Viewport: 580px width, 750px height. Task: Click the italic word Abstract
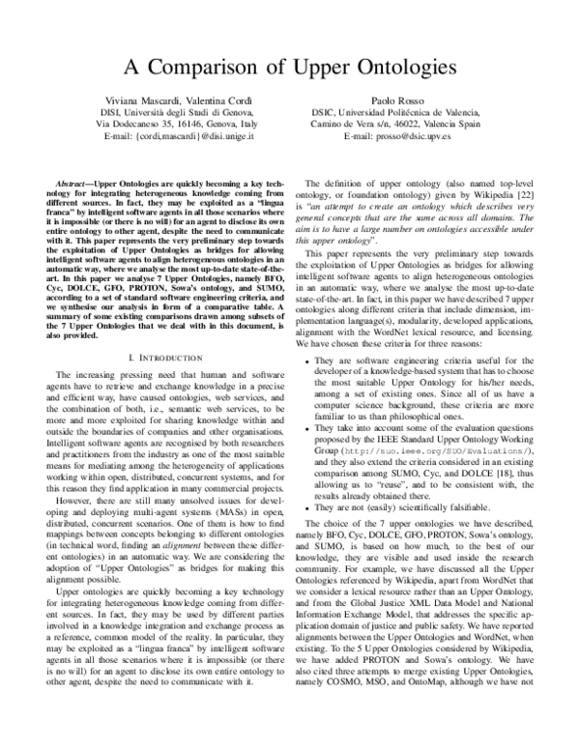click(79, 183)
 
